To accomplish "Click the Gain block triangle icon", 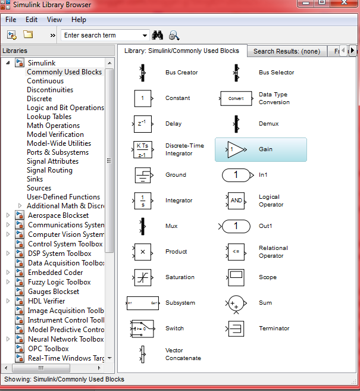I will coord(236,149).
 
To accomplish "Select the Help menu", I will coord(79,20).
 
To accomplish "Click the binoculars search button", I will coord(158,35).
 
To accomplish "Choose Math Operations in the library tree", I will coord(53,126).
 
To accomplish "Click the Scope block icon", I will coord(236,277).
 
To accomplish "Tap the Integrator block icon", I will coord(142,201).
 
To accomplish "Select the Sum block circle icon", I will coord(236,303).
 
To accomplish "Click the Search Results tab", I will coord(286,51).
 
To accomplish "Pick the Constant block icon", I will coord(142,98).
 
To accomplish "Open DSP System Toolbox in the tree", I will coord(60,254).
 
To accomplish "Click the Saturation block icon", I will coord(142,277).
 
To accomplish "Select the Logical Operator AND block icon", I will coord(236,201).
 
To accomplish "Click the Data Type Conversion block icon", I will coord(236,98).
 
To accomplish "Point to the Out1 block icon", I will coord(236,226).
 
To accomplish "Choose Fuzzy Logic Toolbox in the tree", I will coord(59,282).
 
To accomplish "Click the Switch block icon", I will coord(142,329).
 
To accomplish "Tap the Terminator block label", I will coord(274,329).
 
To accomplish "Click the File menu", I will coord(11,20).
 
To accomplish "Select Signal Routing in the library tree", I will coord(49,170).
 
